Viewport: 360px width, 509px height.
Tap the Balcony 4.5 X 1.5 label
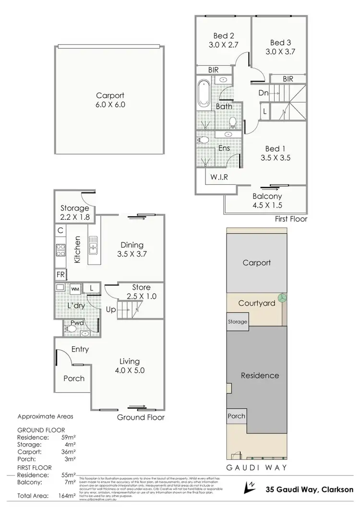point(267,201)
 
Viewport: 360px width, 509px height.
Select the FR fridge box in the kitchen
point(61,274)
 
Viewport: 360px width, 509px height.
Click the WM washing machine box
point(75,289)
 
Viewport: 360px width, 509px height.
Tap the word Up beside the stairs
point(111,309)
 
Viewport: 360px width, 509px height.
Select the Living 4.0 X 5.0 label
point(129,366)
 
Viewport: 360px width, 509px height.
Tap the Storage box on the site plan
point(238,321)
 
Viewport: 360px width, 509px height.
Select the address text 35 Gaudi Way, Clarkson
point(310,489)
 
